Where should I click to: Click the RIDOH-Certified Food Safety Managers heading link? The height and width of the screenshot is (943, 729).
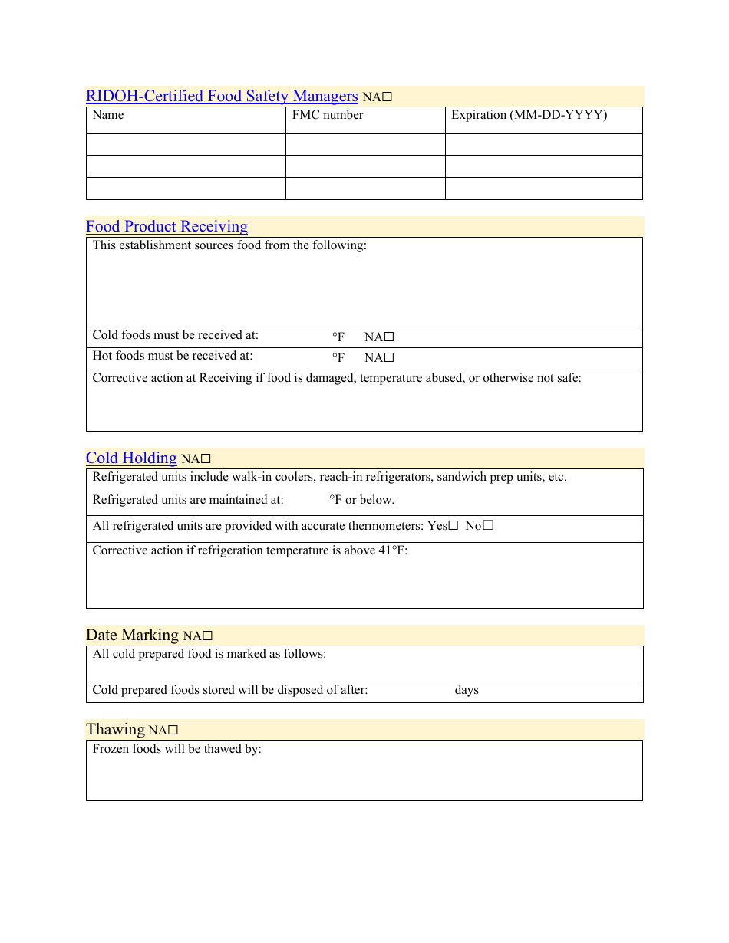[222, 96]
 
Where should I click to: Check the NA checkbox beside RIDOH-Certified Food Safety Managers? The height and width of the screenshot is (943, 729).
[388, 97]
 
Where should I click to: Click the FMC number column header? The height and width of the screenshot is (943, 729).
[328, 115]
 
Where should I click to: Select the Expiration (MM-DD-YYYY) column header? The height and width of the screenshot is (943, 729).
[529, 115]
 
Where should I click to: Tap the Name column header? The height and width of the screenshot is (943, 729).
[108, 115]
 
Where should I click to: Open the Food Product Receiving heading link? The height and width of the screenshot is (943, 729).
[167, 226]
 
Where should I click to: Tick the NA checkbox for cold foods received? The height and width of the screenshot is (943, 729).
[389, 337]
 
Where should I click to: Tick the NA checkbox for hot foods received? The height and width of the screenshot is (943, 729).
[389, 357]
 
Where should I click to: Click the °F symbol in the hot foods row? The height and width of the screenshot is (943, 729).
[338, 357]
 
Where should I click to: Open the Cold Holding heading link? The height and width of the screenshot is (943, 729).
[131, 458]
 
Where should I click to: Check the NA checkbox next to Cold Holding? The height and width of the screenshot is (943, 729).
[206, 459]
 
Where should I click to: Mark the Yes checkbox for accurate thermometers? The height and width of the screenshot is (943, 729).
[453, 526]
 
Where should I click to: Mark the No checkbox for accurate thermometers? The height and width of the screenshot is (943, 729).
[488, 526]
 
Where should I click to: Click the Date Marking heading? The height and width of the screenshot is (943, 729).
[132, 635]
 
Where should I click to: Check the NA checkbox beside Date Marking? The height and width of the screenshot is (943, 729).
[207, 636]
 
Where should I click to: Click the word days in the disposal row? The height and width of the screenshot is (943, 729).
[467, 690]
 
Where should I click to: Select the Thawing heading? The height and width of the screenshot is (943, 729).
[115, 729]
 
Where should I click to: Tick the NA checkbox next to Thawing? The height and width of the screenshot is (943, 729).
[173, 731]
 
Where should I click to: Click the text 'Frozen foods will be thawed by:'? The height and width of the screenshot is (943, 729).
[177, 749]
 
